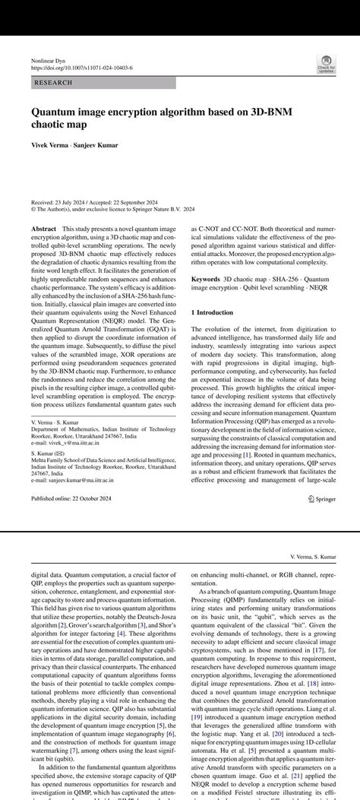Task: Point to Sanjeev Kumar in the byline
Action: tap(96, 145)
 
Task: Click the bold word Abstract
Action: tap(44, 229)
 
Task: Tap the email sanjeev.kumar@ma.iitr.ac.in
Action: tap(72, 480)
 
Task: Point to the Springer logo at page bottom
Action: tap(323, 498)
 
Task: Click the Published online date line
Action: tap(71, 498)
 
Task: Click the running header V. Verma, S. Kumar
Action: tap(313, 557)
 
